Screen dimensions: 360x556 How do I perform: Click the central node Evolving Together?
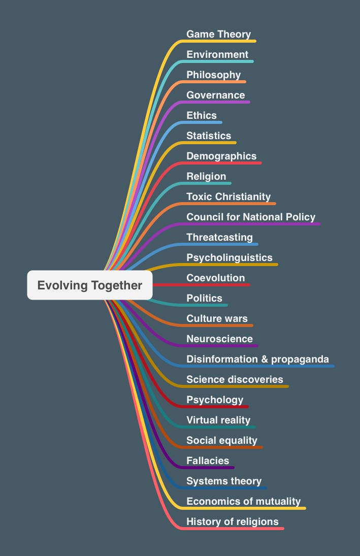90,285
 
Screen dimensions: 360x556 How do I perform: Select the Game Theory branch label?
218,35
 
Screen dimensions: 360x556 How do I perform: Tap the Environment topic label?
217,55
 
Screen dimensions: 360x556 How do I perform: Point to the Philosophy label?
213,75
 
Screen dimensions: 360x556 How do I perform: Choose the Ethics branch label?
202,116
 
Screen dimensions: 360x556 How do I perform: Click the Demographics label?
221,156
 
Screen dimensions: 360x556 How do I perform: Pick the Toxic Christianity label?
228,197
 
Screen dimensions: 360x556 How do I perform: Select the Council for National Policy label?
251,217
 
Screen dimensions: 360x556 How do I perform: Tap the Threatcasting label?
219,238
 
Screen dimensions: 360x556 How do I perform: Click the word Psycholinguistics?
230,258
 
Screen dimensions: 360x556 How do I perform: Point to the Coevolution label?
215,278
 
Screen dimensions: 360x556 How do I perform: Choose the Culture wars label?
217,319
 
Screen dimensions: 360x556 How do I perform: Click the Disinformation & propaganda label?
257,359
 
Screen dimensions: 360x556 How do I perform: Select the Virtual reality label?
218,420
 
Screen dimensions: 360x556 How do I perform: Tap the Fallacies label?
208,461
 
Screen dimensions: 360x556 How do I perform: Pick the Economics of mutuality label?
243,502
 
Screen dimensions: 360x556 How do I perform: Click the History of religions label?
233,522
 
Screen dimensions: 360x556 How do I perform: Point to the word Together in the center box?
117,285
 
